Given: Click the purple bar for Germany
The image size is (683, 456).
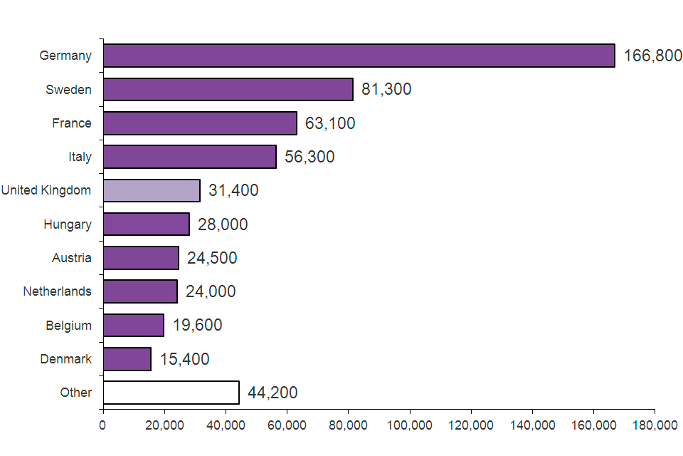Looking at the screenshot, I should (359, 56).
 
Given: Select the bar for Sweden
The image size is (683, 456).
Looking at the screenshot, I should (228, 89).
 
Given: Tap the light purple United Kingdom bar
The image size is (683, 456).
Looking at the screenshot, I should (152, 190).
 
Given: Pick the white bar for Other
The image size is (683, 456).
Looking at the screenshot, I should (171, 393).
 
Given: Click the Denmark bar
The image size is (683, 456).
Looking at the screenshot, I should (127, 359).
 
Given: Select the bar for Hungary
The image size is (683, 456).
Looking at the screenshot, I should (147, 224).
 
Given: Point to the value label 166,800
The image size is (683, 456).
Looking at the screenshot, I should (652, 56).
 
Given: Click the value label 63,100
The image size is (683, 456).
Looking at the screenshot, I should (330, 123).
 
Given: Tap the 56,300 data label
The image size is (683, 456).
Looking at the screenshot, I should (309, 157).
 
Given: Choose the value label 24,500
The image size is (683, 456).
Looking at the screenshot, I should (212, 258).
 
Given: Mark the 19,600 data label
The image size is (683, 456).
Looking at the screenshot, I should (197, 326).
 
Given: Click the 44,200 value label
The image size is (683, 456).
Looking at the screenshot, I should (272, 393).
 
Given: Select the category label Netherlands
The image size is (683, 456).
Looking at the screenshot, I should (57, 291).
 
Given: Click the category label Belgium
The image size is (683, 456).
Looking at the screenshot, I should (68, 326).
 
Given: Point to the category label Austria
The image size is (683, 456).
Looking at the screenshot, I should (71, 258).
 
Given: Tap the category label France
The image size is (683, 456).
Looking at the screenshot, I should (71, 123).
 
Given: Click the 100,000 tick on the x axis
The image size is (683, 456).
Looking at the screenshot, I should (410, 425).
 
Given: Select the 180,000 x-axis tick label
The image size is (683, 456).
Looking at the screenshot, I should (655, 425).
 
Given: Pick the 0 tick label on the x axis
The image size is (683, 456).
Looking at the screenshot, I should (103, 425).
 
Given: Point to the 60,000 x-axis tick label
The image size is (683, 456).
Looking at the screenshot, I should (287, 425).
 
